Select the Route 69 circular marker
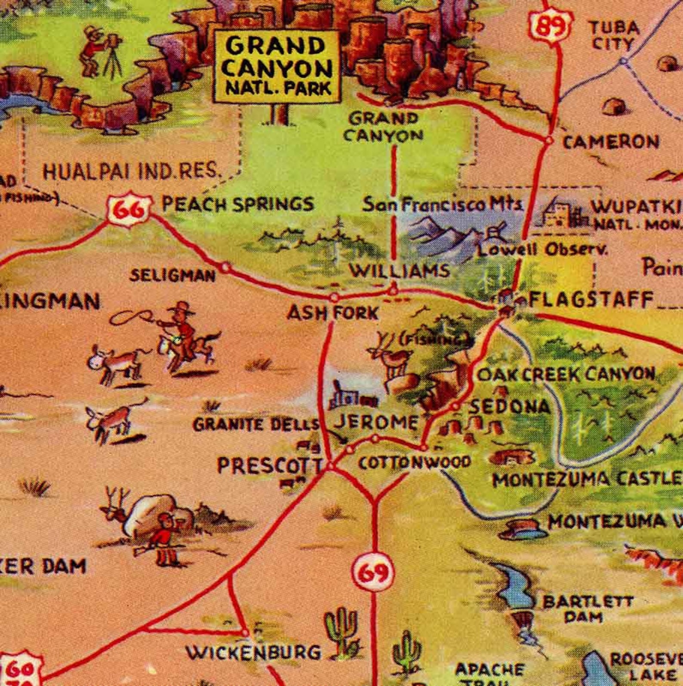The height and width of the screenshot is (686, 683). tap(373, 573)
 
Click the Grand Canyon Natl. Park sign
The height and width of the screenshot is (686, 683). tap(277, 65)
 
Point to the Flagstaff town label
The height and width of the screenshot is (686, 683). tap(591, 299)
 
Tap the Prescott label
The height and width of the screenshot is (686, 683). tap(270, 466)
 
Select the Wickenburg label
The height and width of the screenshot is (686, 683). tap(253, 652)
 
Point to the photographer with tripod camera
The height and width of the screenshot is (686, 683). tap(99, 52)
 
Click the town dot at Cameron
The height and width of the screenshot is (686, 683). tap(548, 140)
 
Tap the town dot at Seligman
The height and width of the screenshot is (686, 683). tap(225, 267)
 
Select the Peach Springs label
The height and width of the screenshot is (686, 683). tap(237, 204)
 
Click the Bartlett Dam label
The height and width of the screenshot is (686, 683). tap(587, 608)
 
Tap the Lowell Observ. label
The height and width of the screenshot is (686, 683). tap(543, 249)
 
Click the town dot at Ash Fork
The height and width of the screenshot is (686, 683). tap(334, 297)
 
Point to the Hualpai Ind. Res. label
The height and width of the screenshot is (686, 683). tap(131, 172)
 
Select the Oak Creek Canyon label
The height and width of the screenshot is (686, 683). tap(566, 374)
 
